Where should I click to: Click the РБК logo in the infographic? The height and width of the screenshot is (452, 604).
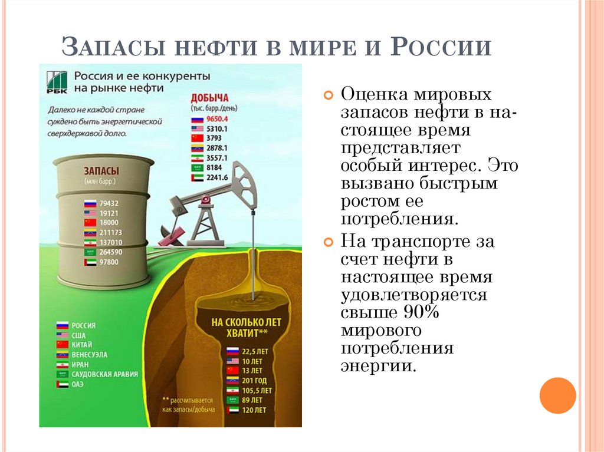click(57, 81)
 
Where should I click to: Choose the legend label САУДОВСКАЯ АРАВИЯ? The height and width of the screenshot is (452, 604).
click(104, 374)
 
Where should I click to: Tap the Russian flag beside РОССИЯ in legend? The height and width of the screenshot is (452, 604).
click(62, 325)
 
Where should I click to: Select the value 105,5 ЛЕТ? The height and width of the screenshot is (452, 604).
click(258, 390)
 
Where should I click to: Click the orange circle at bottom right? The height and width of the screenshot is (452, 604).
click(557, 395)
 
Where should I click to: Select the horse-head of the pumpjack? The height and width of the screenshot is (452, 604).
click(244, 183)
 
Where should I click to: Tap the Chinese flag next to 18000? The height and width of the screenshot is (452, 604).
click(90, 222)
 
